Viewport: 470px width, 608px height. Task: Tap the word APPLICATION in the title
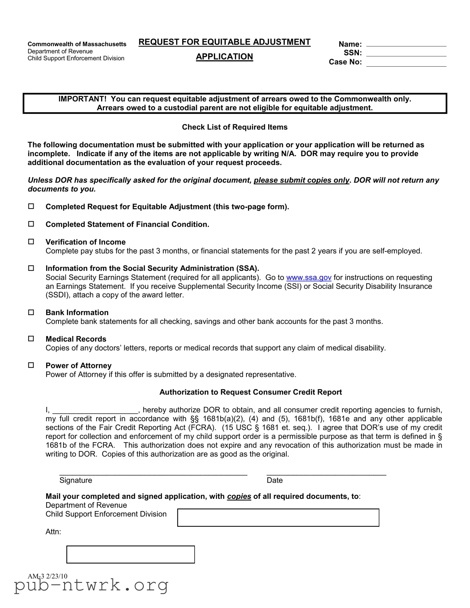tap(224, 56)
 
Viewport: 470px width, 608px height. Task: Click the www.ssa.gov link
tap(309, 278)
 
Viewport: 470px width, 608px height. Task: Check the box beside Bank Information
tap(31, 312)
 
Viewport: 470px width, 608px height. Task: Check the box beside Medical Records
tap(31, 339)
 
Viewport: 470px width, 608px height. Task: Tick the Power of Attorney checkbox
tap(31, 365)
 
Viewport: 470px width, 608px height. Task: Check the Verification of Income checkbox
tap(31, 242)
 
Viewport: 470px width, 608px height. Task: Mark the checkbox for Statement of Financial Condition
tap(31, 224)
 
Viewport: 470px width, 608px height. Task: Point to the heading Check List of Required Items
tap(235, 127)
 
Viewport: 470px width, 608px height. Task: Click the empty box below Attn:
tap(131, 555)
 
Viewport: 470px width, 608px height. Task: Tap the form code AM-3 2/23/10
tap(47, 576)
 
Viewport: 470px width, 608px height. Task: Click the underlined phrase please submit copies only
tap(302, 180)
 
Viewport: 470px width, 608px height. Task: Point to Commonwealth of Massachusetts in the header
tap(77, 44)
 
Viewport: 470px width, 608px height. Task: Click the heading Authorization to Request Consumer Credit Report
tap(251, 392)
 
